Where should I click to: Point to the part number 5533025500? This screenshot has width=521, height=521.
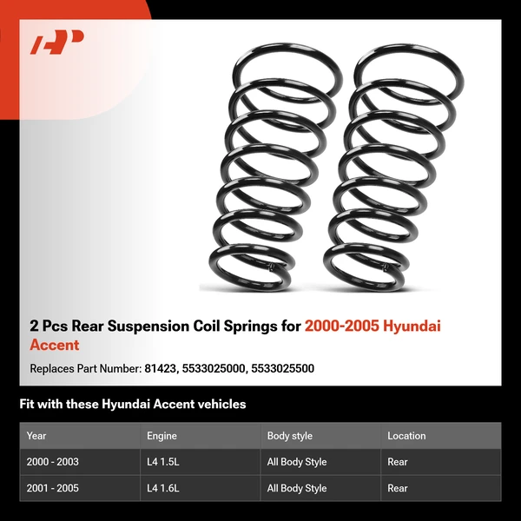point(282,368)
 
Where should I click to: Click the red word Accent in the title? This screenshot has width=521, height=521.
point(54,345)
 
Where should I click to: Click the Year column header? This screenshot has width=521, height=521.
point(36,436)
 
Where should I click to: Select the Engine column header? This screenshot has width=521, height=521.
point(162,436)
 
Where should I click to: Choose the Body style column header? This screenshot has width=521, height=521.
point(290,436)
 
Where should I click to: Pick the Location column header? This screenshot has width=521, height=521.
point(406,436)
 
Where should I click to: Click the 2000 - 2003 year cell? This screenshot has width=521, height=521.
point(53,462)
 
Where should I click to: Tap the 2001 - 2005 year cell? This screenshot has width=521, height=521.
point(53,488)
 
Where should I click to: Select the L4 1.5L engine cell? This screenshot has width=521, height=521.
point(164,462)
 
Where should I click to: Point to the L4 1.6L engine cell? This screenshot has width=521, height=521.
point(164,488)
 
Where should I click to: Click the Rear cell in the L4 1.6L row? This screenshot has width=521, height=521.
point(398,488)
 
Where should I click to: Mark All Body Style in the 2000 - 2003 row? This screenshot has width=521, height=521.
point(297,462)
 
